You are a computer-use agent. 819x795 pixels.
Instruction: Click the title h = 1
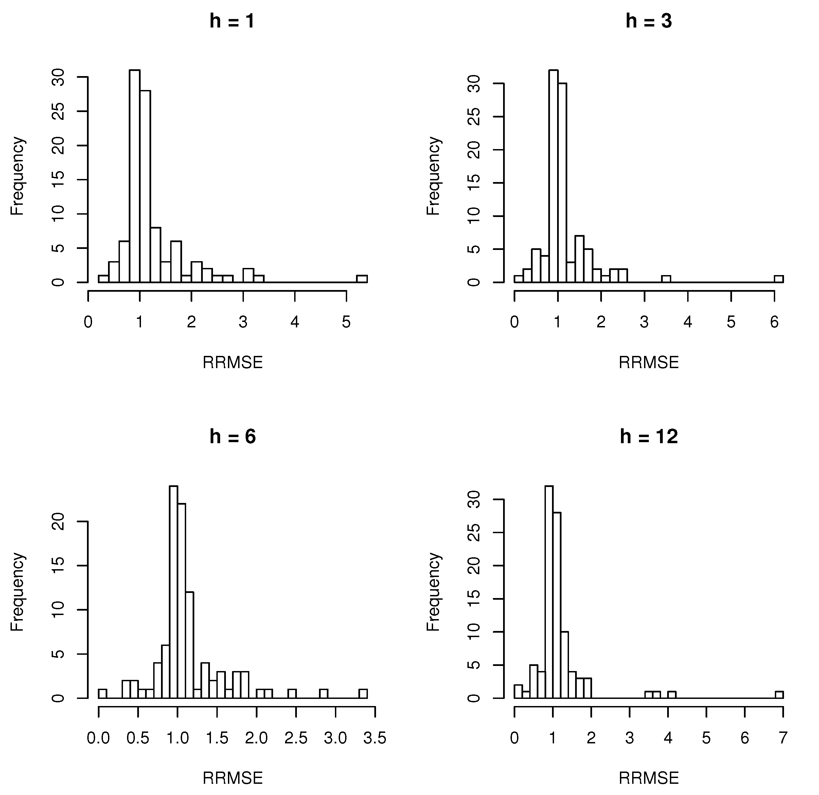tap(232, 21)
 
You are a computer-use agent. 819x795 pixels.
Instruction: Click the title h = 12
tap(648, 437)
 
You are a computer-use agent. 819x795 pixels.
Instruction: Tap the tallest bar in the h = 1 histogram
tap(135, 176)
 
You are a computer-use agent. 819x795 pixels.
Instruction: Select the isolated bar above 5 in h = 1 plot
tap(362, 279)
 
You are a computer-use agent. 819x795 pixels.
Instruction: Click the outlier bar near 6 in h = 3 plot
tap(779, 279)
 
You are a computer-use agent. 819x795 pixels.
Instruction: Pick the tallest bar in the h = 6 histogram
tap(173, 593)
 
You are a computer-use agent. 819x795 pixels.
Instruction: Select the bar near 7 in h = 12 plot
tap(779, 695)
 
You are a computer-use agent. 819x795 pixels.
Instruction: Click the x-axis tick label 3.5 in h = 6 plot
tap(375, 738)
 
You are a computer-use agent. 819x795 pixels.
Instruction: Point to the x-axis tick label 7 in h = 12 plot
tap(783, 738)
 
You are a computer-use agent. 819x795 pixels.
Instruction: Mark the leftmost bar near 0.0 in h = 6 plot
tap(102, 693)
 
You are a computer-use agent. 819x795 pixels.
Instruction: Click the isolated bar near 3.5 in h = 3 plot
tap(666, 279)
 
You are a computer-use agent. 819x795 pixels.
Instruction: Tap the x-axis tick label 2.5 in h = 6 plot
tap(296, 738)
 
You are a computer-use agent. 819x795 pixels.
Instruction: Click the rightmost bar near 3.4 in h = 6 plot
tap(363, 693)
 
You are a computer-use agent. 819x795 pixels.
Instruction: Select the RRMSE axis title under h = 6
tap(232, 778)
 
